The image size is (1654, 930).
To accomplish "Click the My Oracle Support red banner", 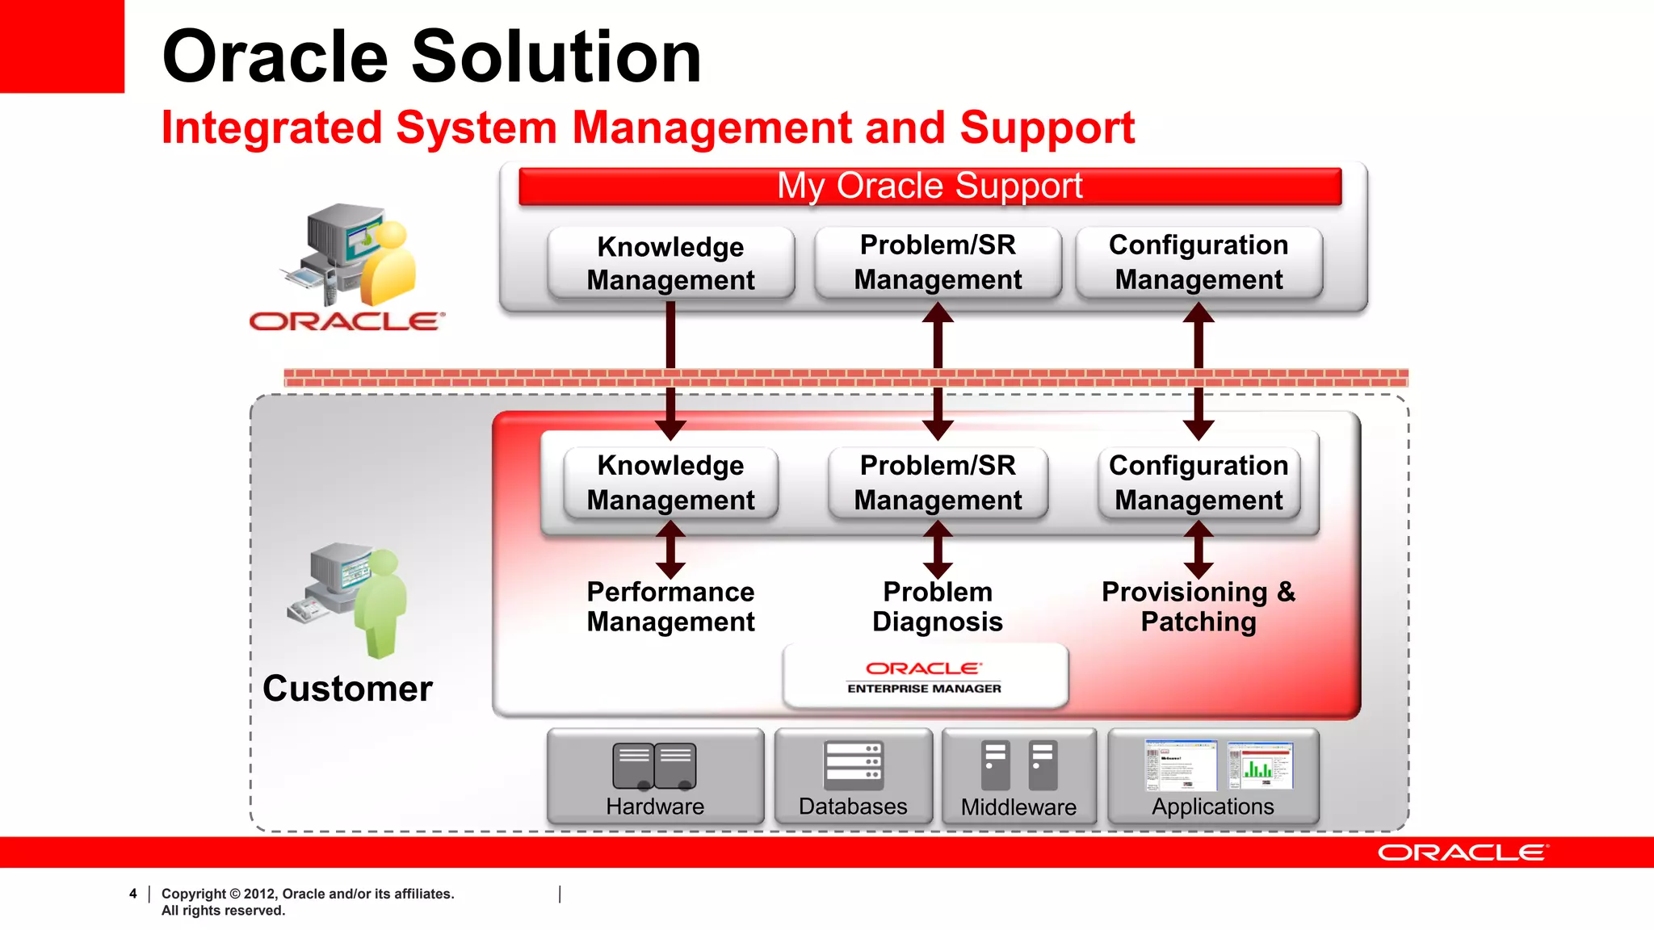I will click(x=930, y=186).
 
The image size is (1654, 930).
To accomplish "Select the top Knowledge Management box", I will click(x=670, y=263).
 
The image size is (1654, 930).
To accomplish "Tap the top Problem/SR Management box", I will click(x=938, y=262).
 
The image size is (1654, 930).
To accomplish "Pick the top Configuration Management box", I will click(x=1199, y=262).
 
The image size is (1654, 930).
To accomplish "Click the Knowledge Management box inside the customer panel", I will click(x=670, y=483).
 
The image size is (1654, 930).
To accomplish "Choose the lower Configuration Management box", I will click(x=1199, y=483).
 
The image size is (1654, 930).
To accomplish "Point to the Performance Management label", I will click(x=670, y=607).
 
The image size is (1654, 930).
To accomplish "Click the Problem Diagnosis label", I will click(x=938, y=607).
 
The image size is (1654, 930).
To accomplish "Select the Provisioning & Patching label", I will click(x=1199, y=607).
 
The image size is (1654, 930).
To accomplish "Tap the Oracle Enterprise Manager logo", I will click(x=925, y=677).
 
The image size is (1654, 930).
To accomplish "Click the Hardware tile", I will click(x=655, y=776).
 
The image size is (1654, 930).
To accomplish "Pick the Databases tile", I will click(x=853, y=776).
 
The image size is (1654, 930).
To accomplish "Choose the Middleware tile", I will click(x=1018, y=776).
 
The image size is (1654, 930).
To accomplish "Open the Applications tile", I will click(x=1213, y=776).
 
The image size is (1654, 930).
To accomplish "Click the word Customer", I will click(x=347, y=689).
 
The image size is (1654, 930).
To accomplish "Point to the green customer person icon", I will click(x=380, y=601).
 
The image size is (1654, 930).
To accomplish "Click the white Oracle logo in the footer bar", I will click(x=1463, y=853).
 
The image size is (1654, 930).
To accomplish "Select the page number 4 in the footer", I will click(x=133, y=894).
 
